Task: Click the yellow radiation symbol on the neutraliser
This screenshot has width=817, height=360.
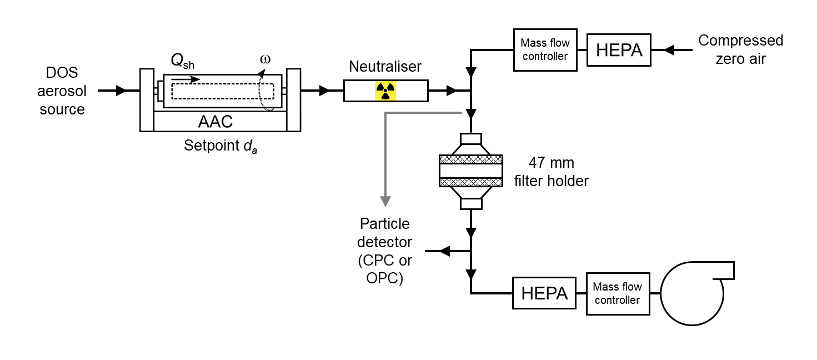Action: [385, 91]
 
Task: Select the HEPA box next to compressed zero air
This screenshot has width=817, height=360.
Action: [619, 50]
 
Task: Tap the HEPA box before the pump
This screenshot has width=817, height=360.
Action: [545, 293]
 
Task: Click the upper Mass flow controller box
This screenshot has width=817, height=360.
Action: [544, 50]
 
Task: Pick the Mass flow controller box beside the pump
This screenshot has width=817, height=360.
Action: [618, 293]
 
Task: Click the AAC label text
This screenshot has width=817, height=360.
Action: [215, 121]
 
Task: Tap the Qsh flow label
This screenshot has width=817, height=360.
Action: [182, 62]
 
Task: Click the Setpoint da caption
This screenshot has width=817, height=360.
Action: [220, 147]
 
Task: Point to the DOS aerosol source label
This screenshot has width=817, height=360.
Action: [62, 91]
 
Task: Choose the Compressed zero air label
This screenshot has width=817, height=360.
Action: [740, 49]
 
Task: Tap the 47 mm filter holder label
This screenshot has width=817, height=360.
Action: [551, 172]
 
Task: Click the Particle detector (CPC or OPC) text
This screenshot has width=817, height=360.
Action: [384, 251]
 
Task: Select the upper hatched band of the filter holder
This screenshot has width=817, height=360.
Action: [470, 159]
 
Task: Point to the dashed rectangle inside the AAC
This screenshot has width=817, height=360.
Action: [222, 91]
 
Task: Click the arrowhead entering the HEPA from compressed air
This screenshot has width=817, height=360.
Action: [669, 50]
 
